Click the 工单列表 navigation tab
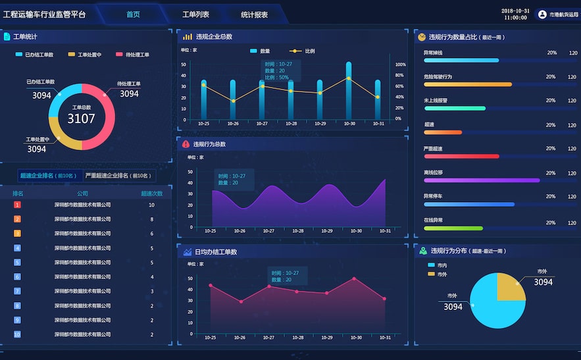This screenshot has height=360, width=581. click(x=195, y=14)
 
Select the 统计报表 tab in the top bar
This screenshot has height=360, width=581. click(x=254, y=14)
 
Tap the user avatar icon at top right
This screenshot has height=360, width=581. click(x=542, y=14)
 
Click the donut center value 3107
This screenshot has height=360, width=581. click(x=81, y=118)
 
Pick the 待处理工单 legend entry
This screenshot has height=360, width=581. click(x=133, y=55)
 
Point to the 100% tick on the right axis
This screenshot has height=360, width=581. click(x=400, y=64)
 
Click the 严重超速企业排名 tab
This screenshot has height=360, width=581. click(x=119, y=176)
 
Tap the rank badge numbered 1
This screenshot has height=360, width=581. click(x=18, y=205)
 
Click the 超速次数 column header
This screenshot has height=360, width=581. click(x=151, y=193)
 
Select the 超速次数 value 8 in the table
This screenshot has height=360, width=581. click(x=151, y=219)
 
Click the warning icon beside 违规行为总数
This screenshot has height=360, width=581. click(x=186, y=144)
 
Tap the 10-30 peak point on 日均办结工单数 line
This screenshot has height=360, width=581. click(x=354, y=278)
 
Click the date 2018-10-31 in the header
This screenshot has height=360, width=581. click(x=515, y=11)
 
